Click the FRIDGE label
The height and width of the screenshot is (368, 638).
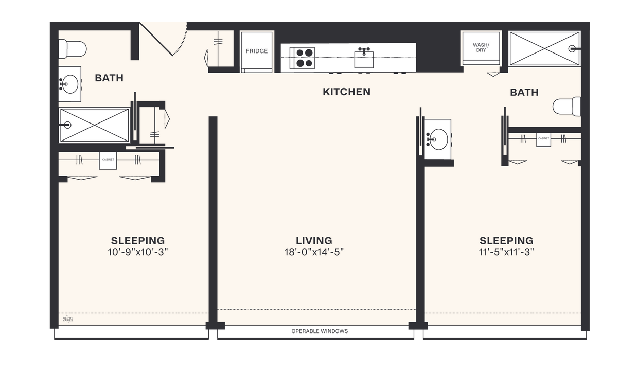(256, 51)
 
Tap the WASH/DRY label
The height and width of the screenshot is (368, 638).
(481, 48)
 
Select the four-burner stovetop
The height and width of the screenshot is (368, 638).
(302, 58)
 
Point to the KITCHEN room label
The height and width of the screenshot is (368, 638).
(346, 92)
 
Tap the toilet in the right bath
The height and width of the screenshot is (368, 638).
(568, 107)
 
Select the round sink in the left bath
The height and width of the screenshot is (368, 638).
(69, 83)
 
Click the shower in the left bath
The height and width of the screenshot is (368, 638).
(94, 125)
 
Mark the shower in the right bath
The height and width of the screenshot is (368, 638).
(544, 48)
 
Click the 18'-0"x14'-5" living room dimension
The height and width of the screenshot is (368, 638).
(314, 252)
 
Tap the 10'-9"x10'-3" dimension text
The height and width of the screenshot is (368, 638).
(138, 252)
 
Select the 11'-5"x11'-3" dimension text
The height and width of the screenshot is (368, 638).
(506, 252)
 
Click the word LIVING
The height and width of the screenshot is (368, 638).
(314, 240)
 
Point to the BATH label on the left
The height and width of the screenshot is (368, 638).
(109, 78)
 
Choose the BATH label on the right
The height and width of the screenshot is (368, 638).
(524, 92)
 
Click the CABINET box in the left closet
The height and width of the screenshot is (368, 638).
(108, 160)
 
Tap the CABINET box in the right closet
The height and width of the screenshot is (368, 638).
(543, 139)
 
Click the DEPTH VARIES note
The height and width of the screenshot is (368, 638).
(67, 319)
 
